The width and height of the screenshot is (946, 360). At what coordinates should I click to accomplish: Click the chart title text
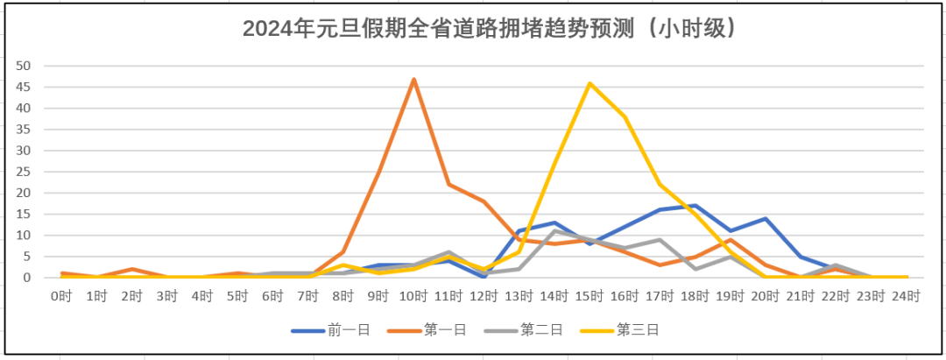(x=489, y=29)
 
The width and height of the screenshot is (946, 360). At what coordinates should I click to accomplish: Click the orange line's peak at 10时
(x=413, y=79)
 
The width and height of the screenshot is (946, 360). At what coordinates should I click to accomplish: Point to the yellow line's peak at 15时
(x=589, y=83)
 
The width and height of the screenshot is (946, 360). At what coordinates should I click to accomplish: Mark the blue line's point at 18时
(x=695, y=206)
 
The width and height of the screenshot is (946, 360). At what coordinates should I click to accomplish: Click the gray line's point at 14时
(x=554, y=231)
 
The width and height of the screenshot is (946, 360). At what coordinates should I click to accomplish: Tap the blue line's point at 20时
(x=766, y=218)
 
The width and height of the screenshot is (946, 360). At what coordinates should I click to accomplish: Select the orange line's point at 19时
(x=731, y=239)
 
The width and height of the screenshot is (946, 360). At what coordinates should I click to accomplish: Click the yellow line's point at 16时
(x=625, y=116)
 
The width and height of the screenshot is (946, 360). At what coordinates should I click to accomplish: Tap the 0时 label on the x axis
(x=61, y=296)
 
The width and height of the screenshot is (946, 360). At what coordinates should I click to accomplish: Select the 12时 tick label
(x=484, y=296)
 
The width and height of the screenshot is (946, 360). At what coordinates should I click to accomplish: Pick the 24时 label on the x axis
(x=906, y=296)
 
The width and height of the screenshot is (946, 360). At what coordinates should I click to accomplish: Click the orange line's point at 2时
(x=131, y=269)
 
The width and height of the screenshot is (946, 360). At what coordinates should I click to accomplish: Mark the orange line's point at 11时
(x=448, y=184)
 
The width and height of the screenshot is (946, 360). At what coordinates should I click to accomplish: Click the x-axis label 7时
(x=307, y=296)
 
